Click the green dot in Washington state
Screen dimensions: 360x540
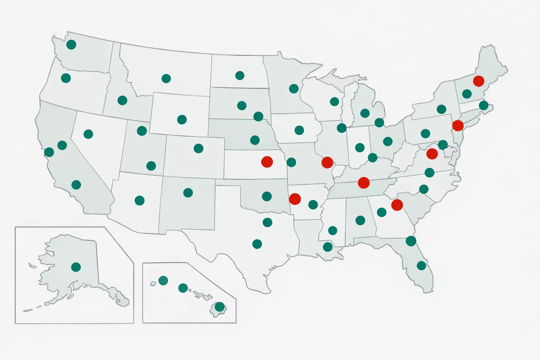71,45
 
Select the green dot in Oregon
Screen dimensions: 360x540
66,78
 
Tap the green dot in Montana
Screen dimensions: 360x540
166,78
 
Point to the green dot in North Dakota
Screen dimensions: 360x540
240,76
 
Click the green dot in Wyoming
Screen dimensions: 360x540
182,120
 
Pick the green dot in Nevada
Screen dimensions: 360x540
88,134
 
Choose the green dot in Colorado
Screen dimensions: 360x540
199,148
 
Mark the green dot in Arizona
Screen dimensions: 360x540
140,201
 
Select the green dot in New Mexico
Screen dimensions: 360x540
188,193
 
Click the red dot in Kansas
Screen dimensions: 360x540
267,162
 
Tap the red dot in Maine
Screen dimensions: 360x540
478,81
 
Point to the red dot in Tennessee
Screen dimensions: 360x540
364,183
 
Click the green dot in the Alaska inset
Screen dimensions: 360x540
76,267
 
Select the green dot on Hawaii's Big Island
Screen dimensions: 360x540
220,307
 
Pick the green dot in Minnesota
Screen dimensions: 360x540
294,89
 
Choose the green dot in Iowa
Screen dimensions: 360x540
299,130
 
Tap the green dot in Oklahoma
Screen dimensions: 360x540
267,196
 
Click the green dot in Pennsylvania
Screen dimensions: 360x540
425,134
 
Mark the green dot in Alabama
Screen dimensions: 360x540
360,220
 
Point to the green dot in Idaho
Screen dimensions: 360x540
122,101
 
